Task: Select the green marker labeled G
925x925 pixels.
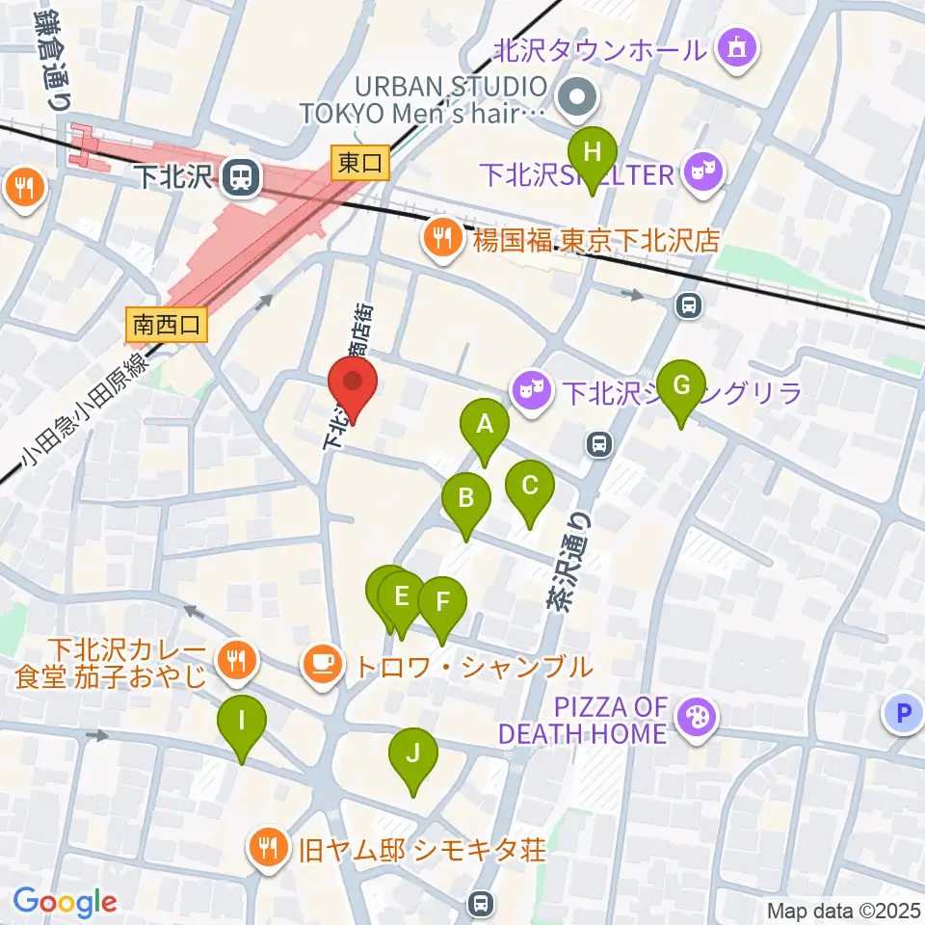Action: [x=681, y=388]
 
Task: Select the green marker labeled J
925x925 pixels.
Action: [x=412, y=755]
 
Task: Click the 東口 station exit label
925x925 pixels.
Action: [x=360, y=164]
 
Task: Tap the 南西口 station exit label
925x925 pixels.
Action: [x=166, y=325]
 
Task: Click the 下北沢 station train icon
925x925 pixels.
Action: [x=237, y=176]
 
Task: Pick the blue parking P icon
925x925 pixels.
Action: [x=903, y=714]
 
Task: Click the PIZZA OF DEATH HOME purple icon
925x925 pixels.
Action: [x=693, y=719]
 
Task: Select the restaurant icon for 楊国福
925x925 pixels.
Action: [x=442, y=236]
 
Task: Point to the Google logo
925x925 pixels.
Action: [x=65, y=903]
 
